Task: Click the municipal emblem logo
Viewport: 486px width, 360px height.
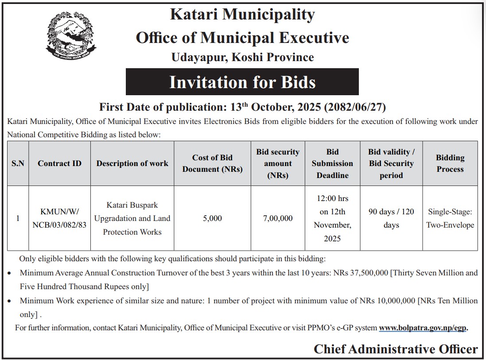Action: (x=71, y=38)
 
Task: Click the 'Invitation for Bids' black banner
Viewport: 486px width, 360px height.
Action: (x=242, y=82)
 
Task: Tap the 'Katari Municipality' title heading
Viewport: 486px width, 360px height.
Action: (x=242, y=15)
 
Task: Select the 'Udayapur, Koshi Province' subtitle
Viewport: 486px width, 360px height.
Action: (x=242, y=57)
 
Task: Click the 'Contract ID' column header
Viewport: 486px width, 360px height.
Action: (x=59, y=163)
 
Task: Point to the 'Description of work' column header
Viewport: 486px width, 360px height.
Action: (x=132, y=163)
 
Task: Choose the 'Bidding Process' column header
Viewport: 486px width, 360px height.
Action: (x=450, y=163)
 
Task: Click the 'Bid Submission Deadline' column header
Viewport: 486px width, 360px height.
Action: (x=332, y=163)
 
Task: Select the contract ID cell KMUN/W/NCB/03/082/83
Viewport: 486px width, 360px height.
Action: (x=59, y=218)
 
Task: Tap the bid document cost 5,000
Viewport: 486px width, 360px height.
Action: (x=212, y=218)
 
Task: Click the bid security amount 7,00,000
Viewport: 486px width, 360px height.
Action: (x=277, y=218)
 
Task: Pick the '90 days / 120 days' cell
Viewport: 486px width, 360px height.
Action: (x=391, y=218)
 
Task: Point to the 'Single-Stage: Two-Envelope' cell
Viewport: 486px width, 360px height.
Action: (x=450, y=218)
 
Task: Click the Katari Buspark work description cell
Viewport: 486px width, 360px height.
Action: (x=132, y=218)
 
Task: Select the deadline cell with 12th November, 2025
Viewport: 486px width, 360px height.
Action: (x=332, y=218)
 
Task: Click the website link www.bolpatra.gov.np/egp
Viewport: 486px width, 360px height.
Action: (x=423, y=328)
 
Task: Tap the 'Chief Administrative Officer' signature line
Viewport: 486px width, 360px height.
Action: (x=396, y=349)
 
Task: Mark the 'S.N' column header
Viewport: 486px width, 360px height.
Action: (x=18, y=163)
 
